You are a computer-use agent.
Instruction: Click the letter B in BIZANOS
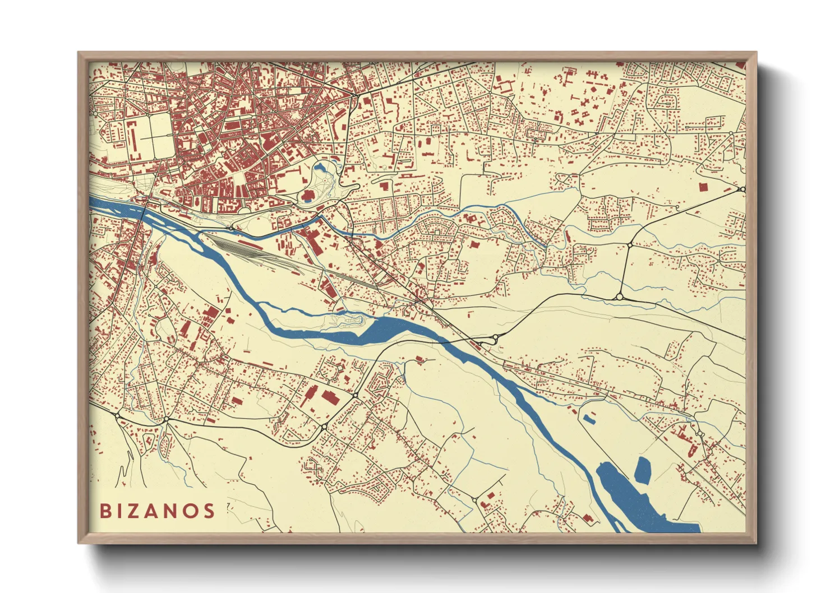105,511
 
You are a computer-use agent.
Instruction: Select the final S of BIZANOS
209,511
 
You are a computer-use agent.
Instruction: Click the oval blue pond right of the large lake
643,470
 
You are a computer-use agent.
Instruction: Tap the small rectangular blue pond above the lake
589,417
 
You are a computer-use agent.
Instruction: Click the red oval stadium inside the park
308,196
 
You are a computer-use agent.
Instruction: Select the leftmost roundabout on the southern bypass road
117,415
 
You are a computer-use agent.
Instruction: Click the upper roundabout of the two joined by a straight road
630,245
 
